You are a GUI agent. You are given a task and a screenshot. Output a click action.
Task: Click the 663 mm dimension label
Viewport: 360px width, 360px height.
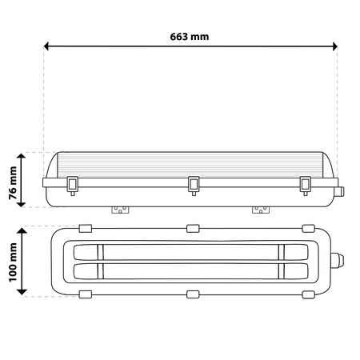click(x=190, y=37)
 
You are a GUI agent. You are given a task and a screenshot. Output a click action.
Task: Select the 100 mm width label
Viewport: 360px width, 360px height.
click(x=10, y=261)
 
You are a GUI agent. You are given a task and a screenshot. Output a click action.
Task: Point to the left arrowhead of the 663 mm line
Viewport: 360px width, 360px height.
click(x=47, y=46)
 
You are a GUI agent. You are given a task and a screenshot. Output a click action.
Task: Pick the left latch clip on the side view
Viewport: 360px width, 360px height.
click(x=73, y=185)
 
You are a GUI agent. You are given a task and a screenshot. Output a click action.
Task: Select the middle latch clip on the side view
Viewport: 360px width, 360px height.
click(x=193, y=185)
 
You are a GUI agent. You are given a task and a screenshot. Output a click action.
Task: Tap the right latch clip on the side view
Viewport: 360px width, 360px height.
click(x=304, y=185)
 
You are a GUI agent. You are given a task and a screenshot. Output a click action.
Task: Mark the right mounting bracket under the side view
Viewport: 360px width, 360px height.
click(x=260, y=210)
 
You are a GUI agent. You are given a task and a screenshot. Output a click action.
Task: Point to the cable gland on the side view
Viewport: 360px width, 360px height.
click(x=342, y=191)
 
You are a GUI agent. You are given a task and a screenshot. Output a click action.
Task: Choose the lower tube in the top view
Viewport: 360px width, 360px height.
click(x=192, y=270)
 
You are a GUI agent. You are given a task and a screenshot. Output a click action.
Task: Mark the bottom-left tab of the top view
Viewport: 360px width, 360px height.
click(x=86, y=294)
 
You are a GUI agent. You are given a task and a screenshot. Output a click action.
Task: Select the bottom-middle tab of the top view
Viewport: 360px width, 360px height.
click(x=192, y=294)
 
